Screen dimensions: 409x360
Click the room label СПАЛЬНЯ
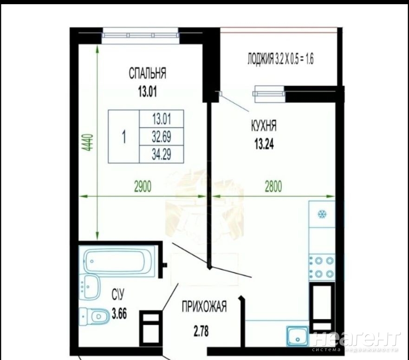(x=147, y=73)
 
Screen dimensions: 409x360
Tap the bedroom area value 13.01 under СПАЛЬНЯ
(x=148, y=92)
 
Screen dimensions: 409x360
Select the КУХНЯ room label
(x=264, y=126)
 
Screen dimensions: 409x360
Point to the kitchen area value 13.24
(x=264, y=144)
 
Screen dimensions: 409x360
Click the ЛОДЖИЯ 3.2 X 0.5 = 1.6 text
(x=280, y=59)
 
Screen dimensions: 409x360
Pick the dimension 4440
(x=89, y=143)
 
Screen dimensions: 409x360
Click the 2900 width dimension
(x=143, y=187)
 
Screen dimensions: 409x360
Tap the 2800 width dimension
(x=273, y=187)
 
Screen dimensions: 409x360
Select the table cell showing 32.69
(x=162, y=136)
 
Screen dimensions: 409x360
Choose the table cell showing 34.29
(x=162, y=154)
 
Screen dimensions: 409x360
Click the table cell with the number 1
(x=124, y=137)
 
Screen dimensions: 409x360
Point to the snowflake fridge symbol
(x=322, y=214)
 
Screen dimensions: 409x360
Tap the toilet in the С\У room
(x=94, y=316)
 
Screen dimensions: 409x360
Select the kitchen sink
(x=298, y=336)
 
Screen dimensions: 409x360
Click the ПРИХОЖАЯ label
(x=204, y=307)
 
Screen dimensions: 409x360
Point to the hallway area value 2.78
(x=201, y=332)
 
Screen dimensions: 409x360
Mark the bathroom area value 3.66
(x=119, y=314)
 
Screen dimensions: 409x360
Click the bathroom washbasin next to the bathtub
(x=89, y=287)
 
